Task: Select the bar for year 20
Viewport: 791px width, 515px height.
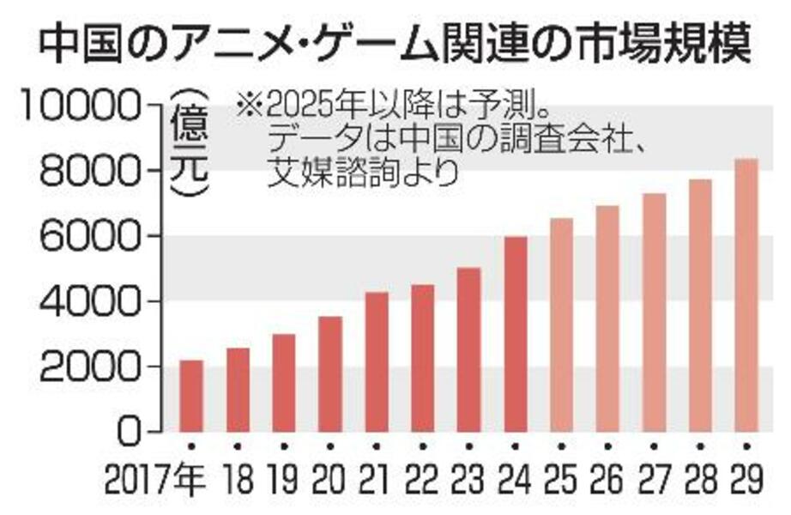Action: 330,373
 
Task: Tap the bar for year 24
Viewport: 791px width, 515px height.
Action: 516,334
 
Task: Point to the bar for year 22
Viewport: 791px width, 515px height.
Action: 423,358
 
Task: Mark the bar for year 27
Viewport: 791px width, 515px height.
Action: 655,312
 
